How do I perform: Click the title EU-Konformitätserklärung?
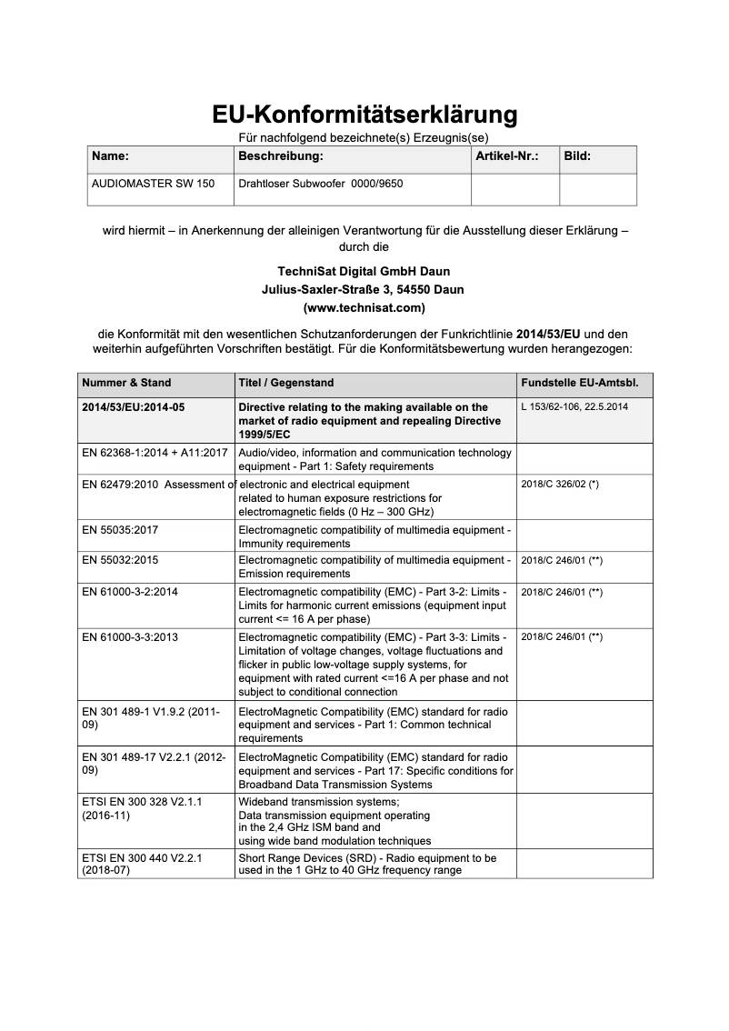[364, 115]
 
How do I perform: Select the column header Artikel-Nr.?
[506, 156]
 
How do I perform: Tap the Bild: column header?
[577, 156]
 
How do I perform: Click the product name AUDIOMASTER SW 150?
[154, 184]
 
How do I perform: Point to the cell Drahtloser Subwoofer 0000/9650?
[320, 184]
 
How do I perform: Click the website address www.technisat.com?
[364, 308]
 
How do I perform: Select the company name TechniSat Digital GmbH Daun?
[364, 272]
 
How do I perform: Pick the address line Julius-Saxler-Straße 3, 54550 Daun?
[364, 290]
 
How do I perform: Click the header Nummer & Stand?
[126, 383]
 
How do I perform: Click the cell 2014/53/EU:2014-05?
[134, 407]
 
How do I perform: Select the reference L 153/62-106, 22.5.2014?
[574, 407]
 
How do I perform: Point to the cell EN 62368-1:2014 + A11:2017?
[155, 453]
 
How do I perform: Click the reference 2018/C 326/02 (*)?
[560, 485]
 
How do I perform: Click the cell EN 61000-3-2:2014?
[130, 592]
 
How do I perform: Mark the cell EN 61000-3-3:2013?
[130, 637]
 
